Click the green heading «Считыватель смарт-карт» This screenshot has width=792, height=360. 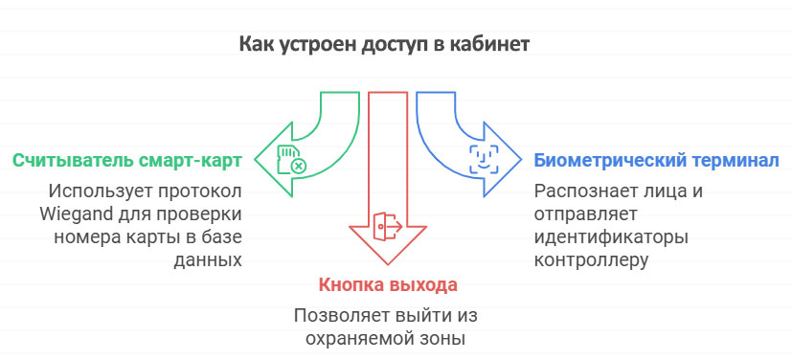[x=126, y=158]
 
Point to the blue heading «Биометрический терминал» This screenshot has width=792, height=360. [x=656, y=158]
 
